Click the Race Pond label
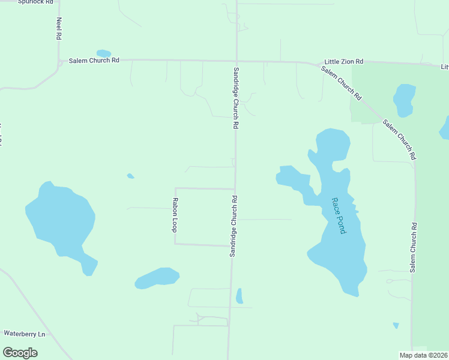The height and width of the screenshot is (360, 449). pyautogui.click(x=339, y=215)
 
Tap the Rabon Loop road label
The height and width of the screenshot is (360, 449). pyautogui.click(x=175, y=215)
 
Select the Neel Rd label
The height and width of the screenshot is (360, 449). pyautogui.click(x=59, y=28)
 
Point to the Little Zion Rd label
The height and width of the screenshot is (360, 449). pyautogui.click(x=344, y=62)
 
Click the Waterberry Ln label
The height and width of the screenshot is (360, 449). pyautogui.click(x=25, y=334)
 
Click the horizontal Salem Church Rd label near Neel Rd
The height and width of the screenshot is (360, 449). pyautogui.click(x=94, y=61)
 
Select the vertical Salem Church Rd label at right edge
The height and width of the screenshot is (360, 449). pyautogui.click(x=413, y=248)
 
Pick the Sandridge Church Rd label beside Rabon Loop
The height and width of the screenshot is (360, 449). pyautogui.click(x=233, y=226)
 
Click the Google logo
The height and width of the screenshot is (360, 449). pyautogui.click(x=20, y=353)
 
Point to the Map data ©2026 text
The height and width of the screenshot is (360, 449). pyautogui.click(x=423, y=355)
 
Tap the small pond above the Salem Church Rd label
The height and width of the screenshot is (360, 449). pyautogui.click(x=104, y=53)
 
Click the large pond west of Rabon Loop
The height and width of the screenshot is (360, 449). pyautogui.click(x=60, y=219)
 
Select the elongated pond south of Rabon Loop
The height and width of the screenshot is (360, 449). pyautogui.click(x=157, y=278)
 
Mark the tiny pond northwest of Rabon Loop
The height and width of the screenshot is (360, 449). pyautogui.click(x=130, y=176)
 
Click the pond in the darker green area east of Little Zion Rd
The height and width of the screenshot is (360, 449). pyautogui.click(x=403, y=100)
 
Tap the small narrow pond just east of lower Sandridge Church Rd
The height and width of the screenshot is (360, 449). pyautogui.click(x=240, y=296)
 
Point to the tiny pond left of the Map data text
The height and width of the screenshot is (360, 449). pyautogui.click(x=396, y=325)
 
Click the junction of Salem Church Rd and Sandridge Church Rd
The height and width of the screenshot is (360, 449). pyautogui.click(x=236, y=61)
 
